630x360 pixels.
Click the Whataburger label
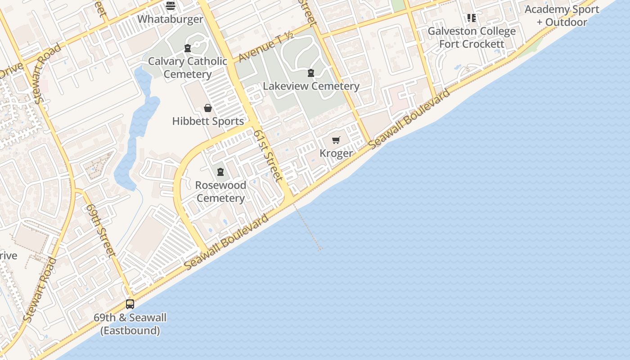(x=170, y=19)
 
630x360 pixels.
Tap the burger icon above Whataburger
(x=170, y=6)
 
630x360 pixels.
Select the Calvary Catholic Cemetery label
(x=188, y=67)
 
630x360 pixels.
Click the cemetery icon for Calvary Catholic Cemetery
(x=188, y=48)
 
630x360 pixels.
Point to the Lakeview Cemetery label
(x=311, y=86)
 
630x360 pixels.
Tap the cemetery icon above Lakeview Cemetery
(x=310, y=73)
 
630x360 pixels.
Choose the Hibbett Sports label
(x=208, y=121)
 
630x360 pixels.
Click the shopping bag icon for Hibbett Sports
(x=208, y=108)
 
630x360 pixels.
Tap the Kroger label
(x=336, y=153)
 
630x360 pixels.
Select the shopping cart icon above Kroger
(x=336, y=140)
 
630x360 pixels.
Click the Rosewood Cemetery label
(x=220, y=192)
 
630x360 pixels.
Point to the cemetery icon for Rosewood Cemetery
(x=220, y=172)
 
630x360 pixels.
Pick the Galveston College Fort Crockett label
(x=472, y=38)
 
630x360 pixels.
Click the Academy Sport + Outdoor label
(x=562, y=16)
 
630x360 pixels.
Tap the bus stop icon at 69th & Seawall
(x=130, y=304)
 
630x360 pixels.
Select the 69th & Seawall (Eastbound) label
(x=130, y=324)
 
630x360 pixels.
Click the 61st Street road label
(x=268, y=155)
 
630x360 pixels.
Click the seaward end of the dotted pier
(x=320, y=249)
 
